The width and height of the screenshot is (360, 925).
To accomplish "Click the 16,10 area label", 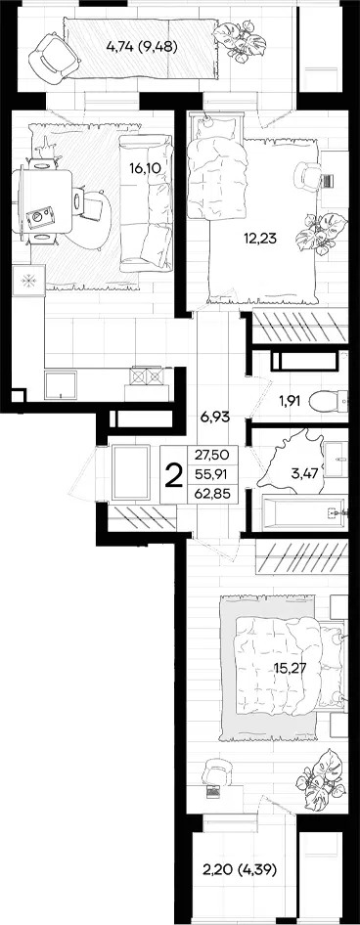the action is coord(144,169).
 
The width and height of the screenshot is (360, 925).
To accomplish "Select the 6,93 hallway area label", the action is coord(215,417).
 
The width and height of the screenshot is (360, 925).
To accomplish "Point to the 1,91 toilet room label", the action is coord(290,402).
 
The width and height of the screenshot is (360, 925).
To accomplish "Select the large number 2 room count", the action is coord(173,475).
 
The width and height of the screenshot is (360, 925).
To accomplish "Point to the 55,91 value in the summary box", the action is coord(212,474).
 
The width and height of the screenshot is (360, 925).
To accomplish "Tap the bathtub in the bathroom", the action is coord(302,513).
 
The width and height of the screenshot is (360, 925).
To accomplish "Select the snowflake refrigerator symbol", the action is coord(28,281).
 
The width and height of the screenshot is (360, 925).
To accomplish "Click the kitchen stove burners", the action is coord(147,375).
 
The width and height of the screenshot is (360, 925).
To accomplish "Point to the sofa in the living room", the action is coord(147,203).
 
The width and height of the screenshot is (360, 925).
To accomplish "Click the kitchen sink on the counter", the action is coord(61,385).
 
